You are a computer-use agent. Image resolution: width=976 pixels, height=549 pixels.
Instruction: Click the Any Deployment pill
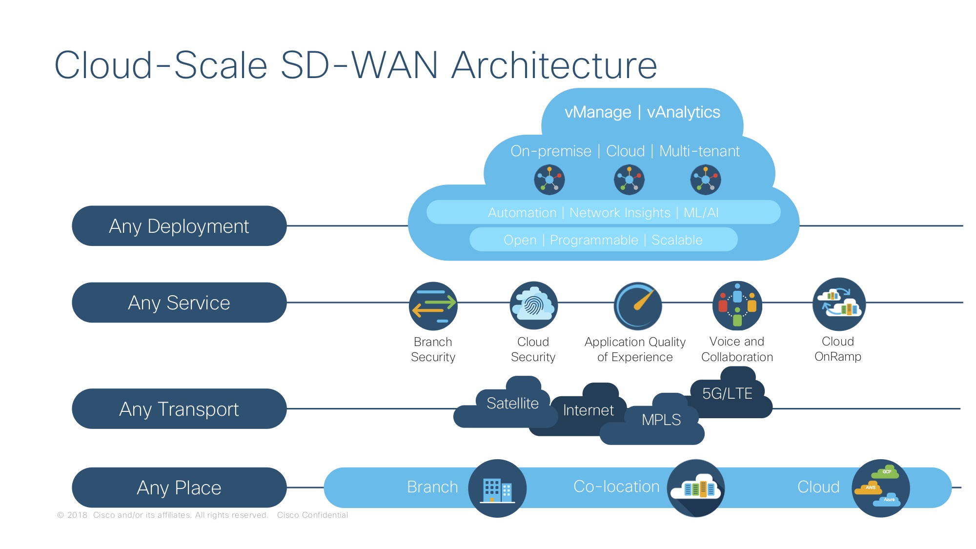[179, 226]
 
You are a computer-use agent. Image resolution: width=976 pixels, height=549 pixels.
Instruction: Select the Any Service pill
[179, 303]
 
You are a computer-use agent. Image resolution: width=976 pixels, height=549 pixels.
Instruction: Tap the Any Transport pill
[179, 409]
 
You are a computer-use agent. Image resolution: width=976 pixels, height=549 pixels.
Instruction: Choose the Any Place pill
[179, 488]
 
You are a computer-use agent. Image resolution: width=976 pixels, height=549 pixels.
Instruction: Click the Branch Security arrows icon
[433, 306]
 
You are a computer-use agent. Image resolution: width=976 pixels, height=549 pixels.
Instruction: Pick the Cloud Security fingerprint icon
[533, 305]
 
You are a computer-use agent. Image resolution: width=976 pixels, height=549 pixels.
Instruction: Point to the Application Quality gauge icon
[637, 306]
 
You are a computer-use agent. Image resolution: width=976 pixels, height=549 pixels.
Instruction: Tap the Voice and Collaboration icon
[737, 305]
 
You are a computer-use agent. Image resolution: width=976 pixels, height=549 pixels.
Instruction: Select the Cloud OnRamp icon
[839, 304]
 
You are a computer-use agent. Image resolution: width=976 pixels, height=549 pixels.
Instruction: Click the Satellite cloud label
[512, 404]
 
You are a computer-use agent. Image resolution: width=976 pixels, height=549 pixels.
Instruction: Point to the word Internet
[588, 410]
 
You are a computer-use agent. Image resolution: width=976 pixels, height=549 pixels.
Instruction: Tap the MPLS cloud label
[661, 420]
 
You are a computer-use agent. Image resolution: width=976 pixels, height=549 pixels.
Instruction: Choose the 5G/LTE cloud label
[727, 393]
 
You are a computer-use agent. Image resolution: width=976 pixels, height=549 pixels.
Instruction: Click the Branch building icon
[497, 488]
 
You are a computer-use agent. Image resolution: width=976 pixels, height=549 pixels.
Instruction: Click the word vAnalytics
[683, 112]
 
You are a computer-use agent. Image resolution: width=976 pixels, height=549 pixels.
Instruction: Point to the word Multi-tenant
[699, 151]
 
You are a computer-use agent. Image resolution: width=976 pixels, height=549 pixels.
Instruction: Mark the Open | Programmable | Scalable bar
[603, 240]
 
